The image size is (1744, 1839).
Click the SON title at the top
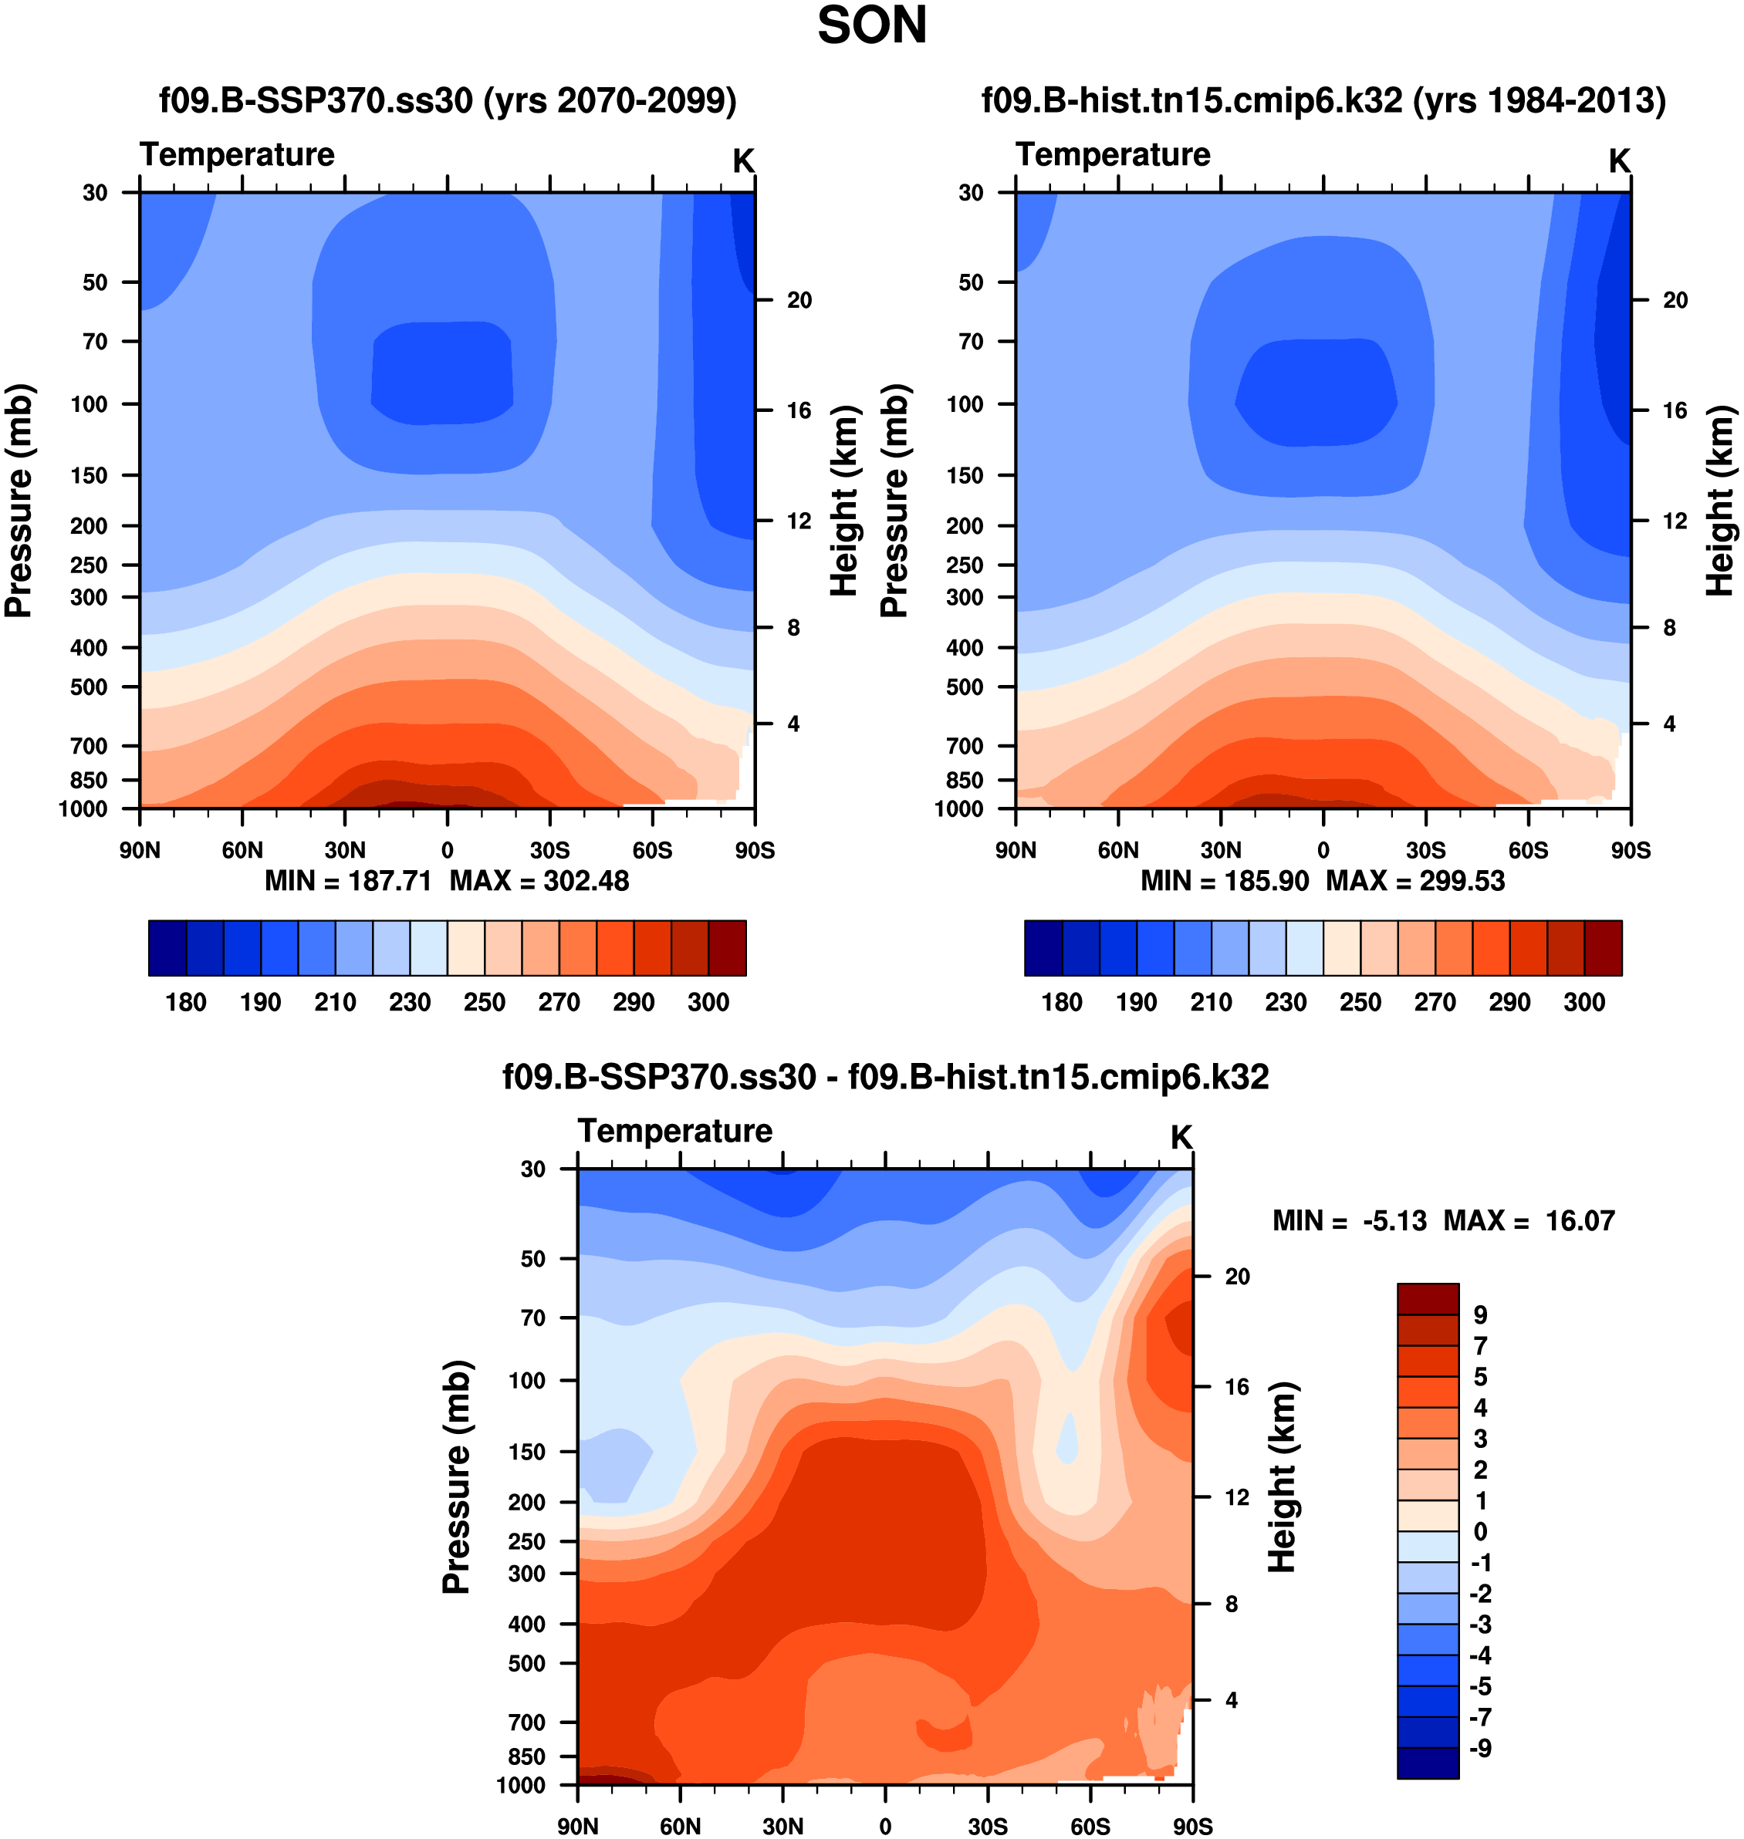pos(871,26)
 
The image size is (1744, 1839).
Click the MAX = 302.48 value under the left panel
pos(539,880)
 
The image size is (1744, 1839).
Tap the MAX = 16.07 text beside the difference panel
pos(1529,1220)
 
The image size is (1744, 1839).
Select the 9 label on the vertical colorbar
pos(1480,1315)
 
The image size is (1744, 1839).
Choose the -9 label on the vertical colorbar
pos(1480,1748)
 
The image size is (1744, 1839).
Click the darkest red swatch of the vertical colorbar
pos(1427,1298)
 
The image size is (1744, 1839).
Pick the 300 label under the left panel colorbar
pos(708,1002)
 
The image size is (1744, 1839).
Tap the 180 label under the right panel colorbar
pos(1062,1002)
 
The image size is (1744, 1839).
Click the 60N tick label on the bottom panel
pos(681,1826)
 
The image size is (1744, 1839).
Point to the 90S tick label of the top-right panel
pos(1631,850)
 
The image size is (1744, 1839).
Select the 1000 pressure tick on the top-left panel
pos(83,809)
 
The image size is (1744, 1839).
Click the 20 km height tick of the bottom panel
pos(1236,1277)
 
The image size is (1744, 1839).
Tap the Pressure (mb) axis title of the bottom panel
pos(457,1477)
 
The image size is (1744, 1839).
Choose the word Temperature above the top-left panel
pos(237,154)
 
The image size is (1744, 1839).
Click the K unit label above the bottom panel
pos(1181,1137)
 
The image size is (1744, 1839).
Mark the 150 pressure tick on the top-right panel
pos(964,476)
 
